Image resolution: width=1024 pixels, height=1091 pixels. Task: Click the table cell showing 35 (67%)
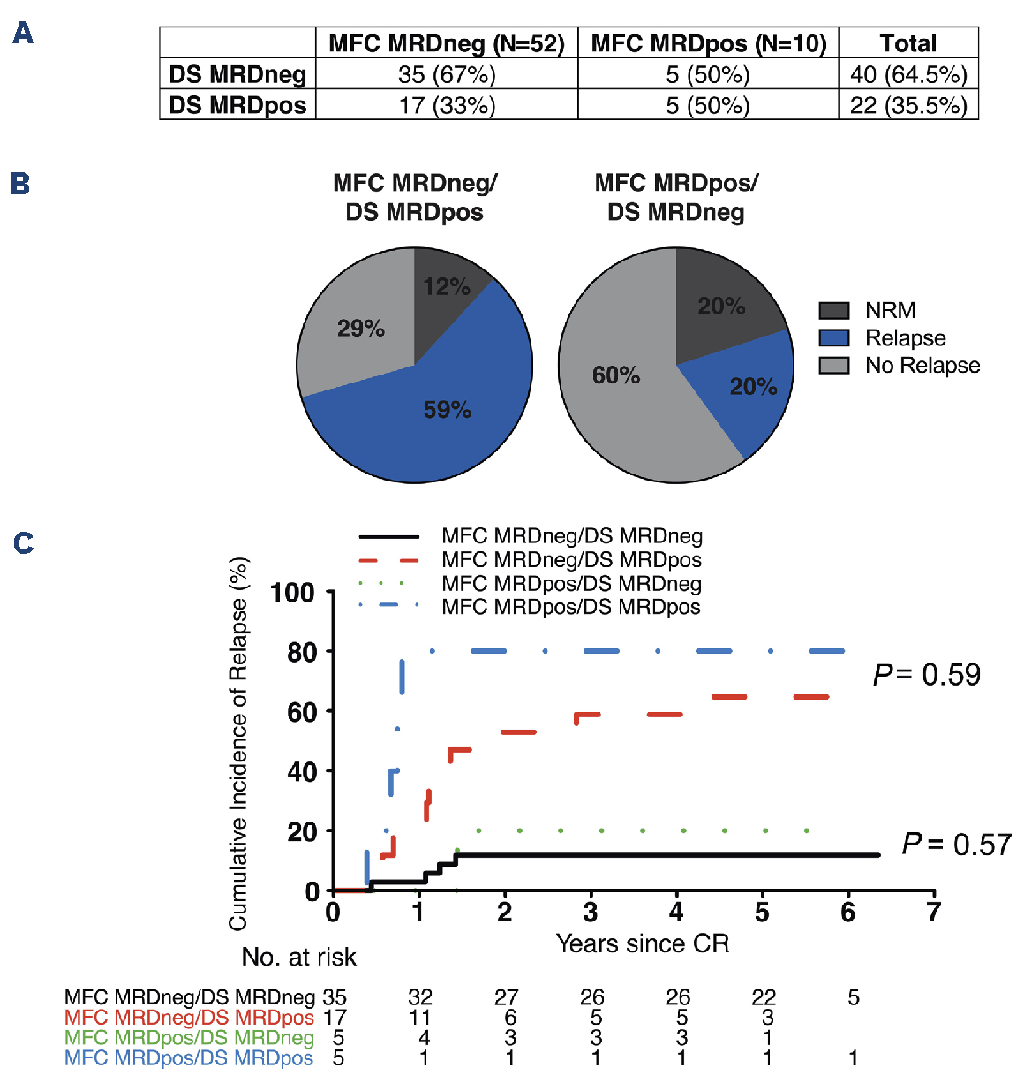447,74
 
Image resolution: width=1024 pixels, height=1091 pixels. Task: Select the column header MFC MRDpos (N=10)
708,43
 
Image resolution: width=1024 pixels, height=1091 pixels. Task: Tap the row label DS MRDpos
237,105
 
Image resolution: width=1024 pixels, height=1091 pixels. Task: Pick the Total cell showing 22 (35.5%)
908,105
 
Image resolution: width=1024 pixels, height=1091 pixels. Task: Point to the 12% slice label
446,287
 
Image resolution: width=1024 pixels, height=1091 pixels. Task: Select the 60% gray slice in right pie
616,375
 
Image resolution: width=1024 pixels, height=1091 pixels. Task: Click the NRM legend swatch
833,311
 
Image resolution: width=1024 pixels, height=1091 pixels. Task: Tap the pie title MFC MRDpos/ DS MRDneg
676,197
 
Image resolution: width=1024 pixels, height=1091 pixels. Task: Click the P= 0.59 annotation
927,675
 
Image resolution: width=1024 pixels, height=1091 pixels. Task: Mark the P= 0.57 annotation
956,845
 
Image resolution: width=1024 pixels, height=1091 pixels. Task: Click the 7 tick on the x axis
934,912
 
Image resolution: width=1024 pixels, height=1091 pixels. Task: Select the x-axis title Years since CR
643,943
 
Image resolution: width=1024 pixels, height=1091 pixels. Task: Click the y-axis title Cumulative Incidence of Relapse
238,743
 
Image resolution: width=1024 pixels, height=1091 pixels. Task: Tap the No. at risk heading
299,957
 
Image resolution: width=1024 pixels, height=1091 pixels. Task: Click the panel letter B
20,184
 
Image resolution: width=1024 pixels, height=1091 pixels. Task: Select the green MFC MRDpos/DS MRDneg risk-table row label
189,1038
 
